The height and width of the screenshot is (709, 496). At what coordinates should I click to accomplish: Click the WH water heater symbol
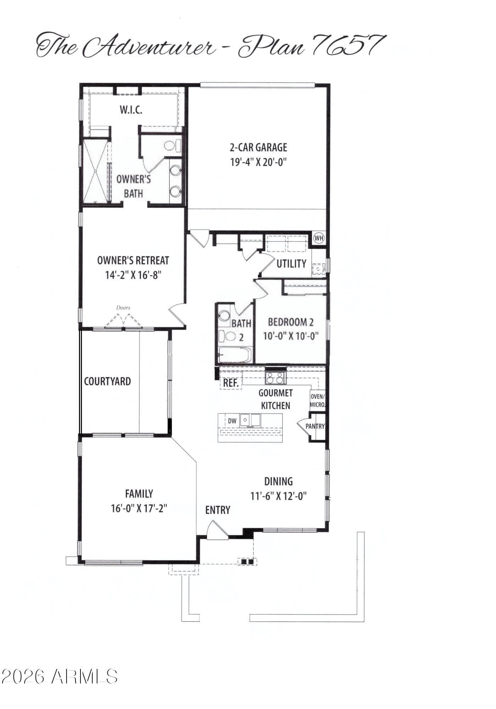coord(319,238)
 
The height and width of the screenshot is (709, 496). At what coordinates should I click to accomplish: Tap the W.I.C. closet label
coord(131,110)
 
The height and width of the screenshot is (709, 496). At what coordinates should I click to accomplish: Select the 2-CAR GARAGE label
coord(258,147)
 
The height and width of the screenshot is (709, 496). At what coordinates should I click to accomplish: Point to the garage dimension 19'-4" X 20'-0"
coord(258,162)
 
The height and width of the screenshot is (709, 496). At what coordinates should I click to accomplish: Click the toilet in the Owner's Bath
coord(173,146)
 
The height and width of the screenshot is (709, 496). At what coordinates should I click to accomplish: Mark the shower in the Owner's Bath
coord(95,172)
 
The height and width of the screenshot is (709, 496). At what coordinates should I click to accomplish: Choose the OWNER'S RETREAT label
coord(133,261)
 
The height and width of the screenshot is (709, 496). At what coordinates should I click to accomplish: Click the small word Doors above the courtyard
coord(123,308)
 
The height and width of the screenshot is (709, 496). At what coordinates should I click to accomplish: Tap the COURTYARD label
coord(107,381)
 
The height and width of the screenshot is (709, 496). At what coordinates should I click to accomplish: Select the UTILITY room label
coord(291,264)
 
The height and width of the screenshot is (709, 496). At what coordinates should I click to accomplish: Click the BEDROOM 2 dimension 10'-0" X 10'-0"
coord(291,336)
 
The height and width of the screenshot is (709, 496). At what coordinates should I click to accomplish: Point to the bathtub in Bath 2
coord(235,355)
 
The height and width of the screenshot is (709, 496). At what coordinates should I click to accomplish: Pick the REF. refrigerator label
coord(231,383)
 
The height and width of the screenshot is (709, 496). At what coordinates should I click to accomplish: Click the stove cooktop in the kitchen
coord(275,378)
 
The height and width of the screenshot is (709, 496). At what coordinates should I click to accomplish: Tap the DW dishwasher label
coord(232,421)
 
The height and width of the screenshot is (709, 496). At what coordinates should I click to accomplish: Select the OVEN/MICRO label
coord(317,401)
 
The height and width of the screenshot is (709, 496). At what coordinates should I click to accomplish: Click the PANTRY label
coord(315,426)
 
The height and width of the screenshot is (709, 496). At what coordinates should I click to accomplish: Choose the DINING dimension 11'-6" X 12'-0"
coord(279,496)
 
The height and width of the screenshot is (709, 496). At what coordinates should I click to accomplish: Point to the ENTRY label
coord(218,510)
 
